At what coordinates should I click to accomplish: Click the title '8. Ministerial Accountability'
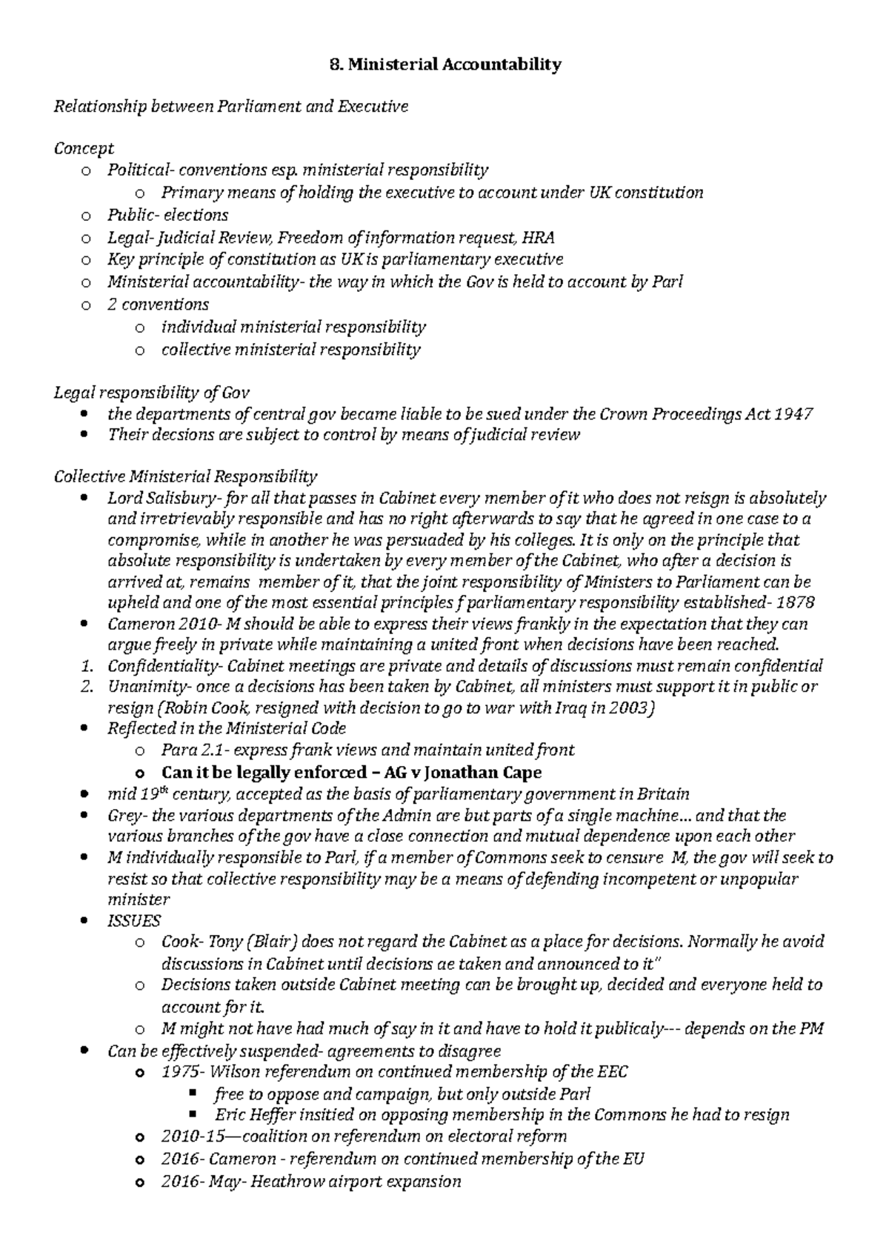coord(444,64)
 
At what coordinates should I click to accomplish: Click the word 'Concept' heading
coord(83,148)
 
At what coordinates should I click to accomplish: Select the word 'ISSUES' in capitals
coord(133,920)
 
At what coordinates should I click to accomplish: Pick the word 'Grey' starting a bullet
coord(123,816)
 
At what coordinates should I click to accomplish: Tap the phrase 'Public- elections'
coord(167,215)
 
